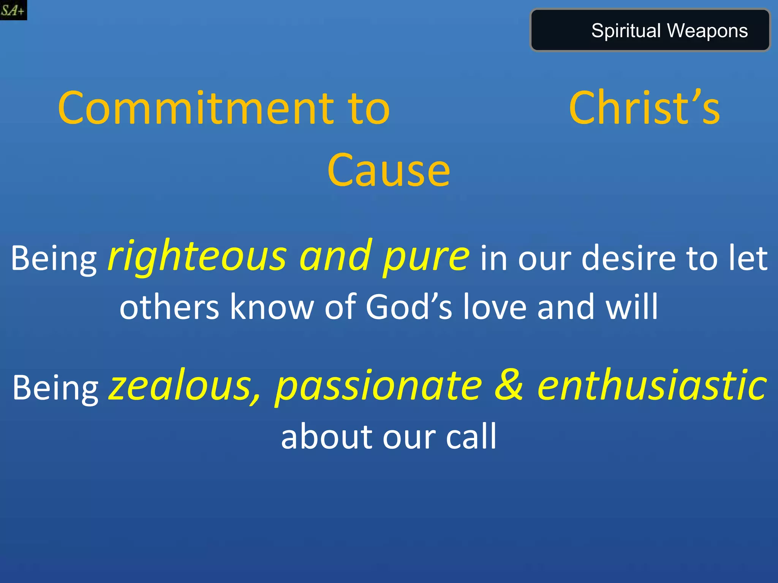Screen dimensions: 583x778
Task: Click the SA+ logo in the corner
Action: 13,10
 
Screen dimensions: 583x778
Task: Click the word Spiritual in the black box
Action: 626,31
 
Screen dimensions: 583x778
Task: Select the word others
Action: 169,307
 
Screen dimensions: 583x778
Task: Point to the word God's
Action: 409,307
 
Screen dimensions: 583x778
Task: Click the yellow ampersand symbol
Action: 509,386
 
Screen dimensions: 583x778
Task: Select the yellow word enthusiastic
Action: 652,386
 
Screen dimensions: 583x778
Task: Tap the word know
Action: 271,307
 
